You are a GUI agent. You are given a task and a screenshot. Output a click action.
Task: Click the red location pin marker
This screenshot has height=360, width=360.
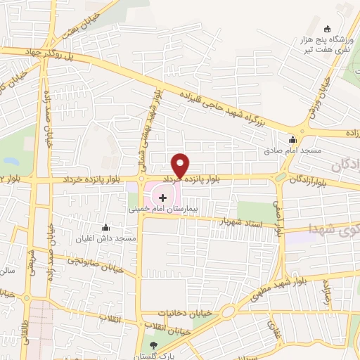[181, 165]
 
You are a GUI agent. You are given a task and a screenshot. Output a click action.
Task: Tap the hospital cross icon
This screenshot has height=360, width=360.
[163, 197]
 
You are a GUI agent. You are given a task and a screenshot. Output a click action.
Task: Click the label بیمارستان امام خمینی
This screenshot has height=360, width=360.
[163, 210]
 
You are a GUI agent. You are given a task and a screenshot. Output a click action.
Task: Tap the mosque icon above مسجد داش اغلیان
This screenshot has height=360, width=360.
[106, 227]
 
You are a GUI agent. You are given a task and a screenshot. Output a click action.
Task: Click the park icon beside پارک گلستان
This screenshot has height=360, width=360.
[155, 345]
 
